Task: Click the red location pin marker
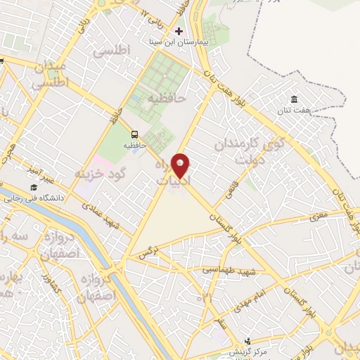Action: [x=181, y=165]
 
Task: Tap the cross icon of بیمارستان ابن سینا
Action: [x=179, y=31]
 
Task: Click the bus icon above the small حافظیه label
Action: [x=134, y=134]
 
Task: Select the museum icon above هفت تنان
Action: [x=294, y=99]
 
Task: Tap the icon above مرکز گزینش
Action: [x=246, y=340]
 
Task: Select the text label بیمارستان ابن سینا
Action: [x=179, y=41]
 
